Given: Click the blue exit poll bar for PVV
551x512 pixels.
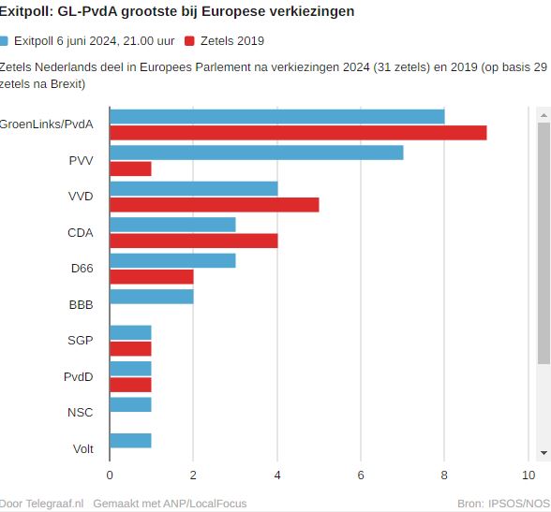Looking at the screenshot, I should [256, 153].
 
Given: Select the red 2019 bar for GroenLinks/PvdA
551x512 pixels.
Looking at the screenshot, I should [298, 132].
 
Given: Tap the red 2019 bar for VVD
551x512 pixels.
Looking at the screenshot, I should [214, 205].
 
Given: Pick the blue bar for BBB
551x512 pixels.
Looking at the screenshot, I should [151, 297].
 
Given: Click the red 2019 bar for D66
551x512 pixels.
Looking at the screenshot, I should [151, 276].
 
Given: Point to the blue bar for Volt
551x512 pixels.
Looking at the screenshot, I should [130, 441].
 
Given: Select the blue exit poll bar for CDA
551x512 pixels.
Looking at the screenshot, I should [172, 225].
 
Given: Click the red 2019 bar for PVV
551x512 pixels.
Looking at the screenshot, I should [130, 168].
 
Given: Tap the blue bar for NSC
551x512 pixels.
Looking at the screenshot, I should [130, 404].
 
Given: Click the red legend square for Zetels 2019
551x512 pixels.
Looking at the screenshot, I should [190, 41].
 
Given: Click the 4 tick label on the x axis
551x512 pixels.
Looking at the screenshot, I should [277, 475].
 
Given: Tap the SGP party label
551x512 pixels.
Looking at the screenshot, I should [81, 340].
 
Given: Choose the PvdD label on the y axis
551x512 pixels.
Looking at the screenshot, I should [79, 376].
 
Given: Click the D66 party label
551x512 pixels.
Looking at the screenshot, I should [82, 268].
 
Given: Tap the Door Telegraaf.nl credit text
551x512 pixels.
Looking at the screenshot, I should [41, 503].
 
